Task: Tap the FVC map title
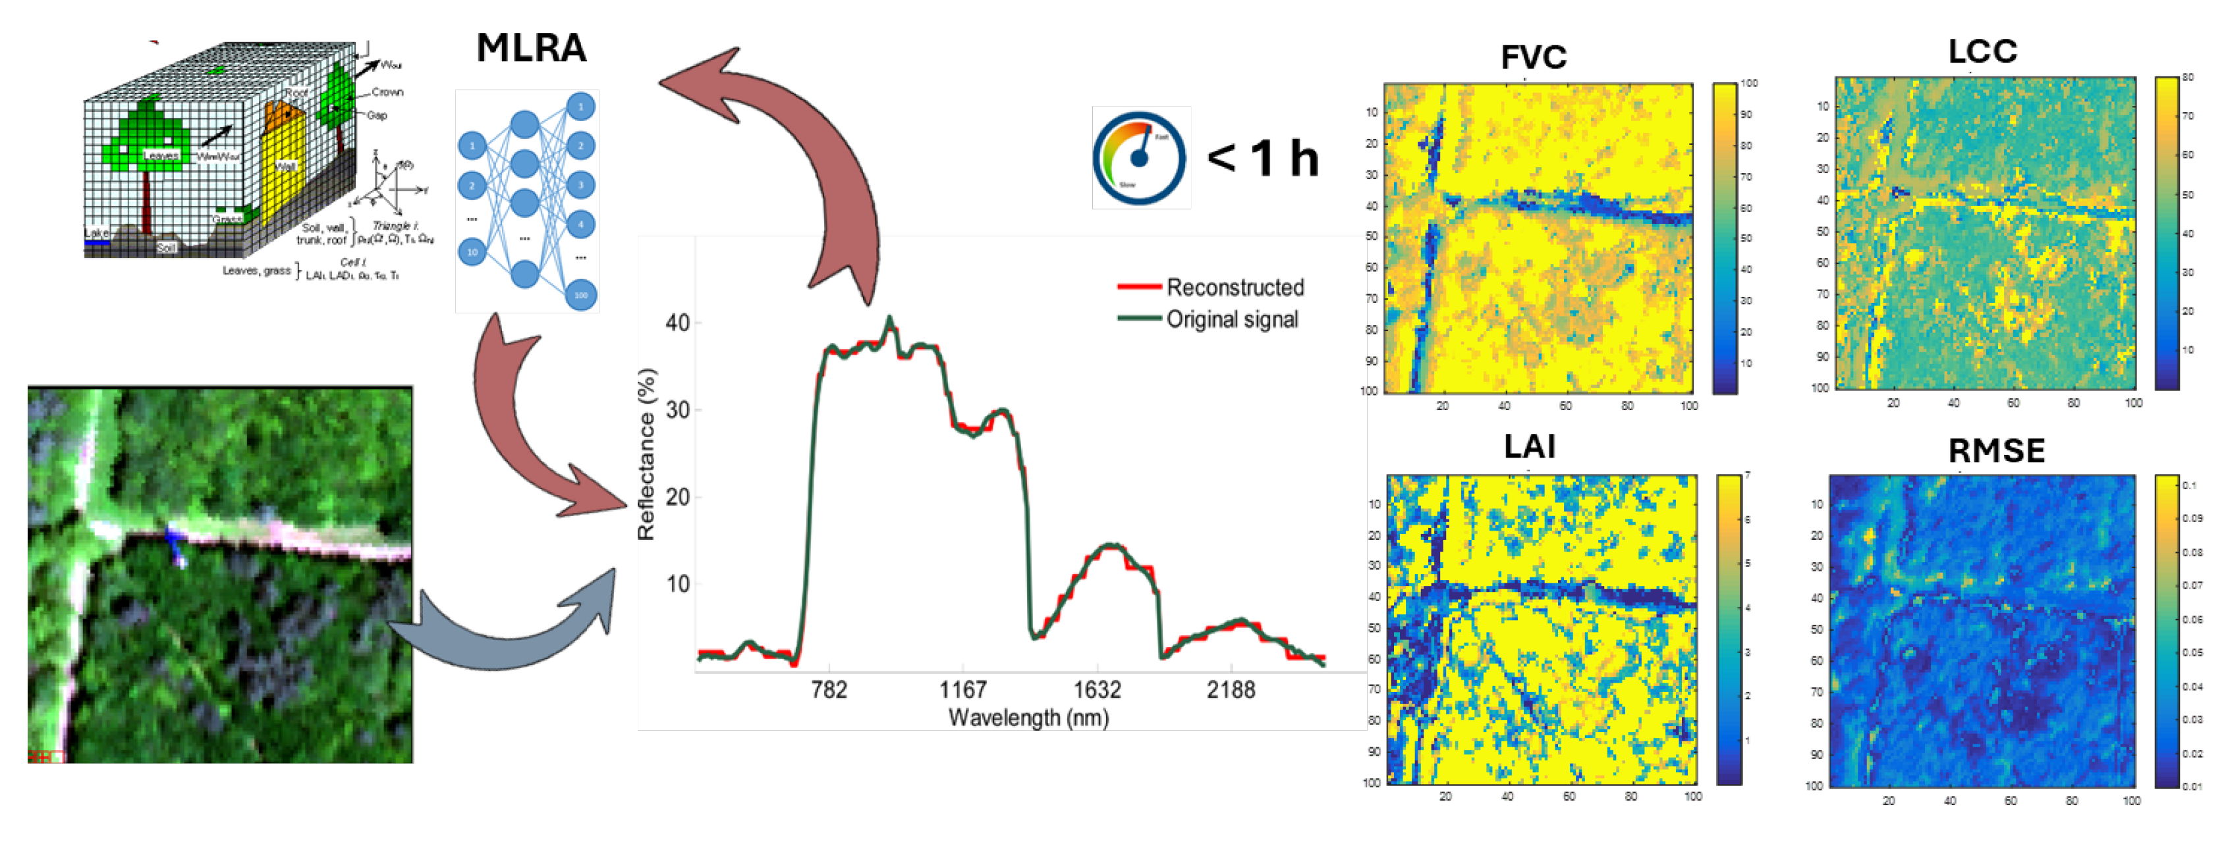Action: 1532,58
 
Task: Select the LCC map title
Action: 1982,52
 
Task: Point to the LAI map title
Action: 1529,447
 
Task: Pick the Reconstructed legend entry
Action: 1234,287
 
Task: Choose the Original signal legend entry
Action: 1232,319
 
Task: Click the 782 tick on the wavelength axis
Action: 829,690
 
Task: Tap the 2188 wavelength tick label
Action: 1231,690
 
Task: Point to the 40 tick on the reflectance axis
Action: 677,323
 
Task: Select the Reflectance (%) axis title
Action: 646,455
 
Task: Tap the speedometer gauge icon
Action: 1140,157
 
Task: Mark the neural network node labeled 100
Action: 581,295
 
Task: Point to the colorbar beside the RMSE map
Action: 2165,631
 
